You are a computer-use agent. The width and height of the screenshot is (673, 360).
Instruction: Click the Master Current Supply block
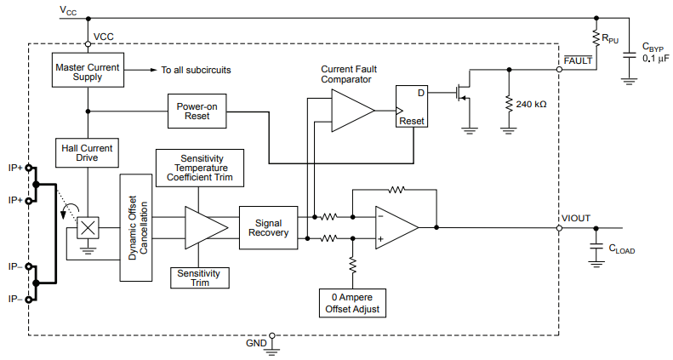88,71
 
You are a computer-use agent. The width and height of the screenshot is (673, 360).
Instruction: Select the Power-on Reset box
197,111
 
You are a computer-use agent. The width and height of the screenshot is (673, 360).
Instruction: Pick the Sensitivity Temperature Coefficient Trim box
200,169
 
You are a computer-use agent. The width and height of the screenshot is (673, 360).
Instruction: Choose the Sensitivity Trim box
200,277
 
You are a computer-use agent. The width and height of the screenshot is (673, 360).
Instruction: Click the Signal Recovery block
268,227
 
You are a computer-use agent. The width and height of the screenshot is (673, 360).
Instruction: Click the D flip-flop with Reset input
411,106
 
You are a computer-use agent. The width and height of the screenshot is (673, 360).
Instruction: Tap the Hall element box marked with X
88,228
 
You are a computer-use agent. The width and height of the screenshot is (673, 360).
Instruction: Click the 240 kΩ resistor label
533,104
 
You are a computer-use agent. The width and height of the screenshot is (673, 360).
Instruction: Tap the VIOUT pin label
575,218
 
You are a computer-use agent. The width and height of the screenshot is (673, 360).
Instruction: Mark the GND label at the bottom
256,342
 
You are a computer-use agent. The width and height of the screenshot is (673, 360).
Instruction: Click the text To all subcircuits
197,69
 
